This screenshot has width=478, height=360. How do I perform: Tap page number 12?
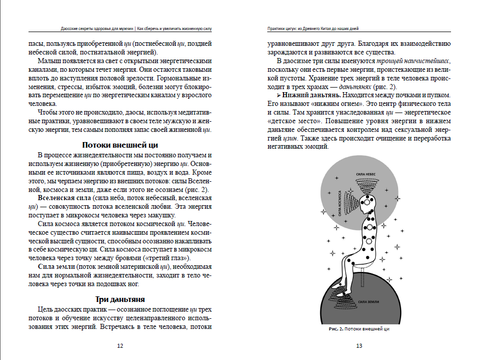tap(120, 346)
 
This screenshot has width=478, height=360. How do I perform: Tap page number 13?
tap(359, 346)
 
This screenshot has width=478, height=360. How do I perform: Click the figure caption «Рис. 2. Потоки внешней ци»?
tap(359, 329)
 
